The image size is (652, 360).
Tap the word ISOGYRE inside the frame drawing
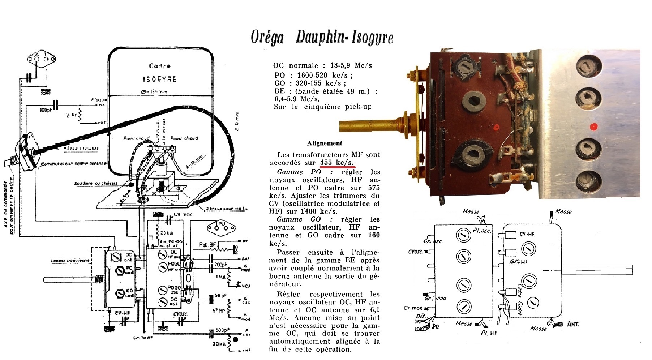(160, 79)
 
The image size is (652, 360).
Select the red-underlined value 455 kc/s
(336, 163)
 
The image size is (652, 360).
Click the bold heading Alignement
(325, 143)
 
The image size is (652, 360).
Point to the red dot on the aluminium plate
(593, 127)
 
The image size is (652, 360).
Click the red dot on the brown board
(496, 127)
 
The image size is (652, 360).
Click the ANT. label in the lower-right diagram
(573, 324)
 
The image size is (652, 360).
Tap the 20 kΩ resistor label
(167, 233)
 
